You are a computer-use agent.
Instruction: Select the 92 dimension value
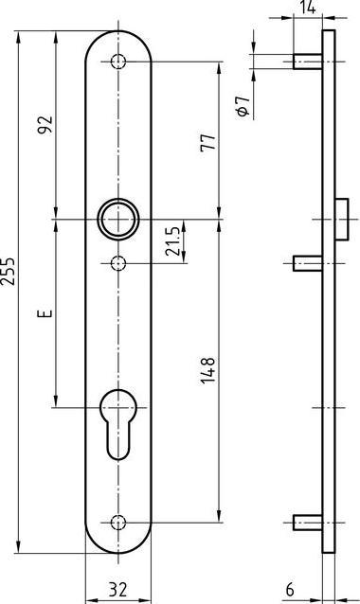tap(44, 125)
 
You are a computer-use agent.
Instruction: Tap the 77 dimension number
tap(209, 142)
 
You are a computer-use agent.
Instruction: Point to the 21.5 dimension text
tap(173, 241)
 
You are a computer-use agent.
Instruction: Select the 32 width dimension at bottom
tap(117, 589)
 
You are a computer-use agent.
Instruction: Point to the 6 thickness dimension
tap(290, 589)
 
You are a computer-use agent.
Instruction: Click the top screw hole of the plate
tap(117, 62)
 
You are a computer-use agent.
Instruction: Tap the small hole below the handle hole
tap(117, 261)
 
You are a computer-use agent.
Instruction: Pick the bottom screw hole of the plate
tap(117, 522)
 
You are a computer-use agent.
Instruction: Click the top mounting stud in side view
tap(305, 62)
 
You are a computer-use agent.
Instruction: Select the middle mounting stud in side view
tap(305, 261)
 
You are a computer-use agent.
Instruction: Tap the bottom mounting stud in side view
tap(305, 522)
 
